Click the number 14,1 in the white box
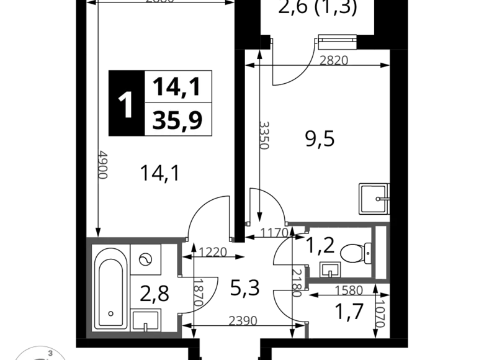point(177,86)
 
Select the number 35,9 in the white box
point(177,120)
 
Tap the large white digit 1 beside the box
point(126,105)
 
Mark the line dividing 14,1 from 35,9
point(178,102)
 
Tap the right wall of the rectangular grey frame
point(384,254)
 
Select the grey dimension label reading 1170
point(274,232)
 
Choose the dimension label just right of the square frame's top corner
point(213,251)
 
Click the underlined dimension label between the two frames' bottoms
point(243,320)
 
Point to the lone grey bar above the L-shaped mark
point(335,60)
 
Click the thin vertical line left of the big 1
point(107,104)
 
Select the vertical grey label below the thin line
point(102,166)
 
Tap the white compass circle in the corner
point(40,354)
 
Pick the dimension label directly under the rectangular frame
point(349,290)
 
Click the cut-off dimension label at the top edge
point(159,2)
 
